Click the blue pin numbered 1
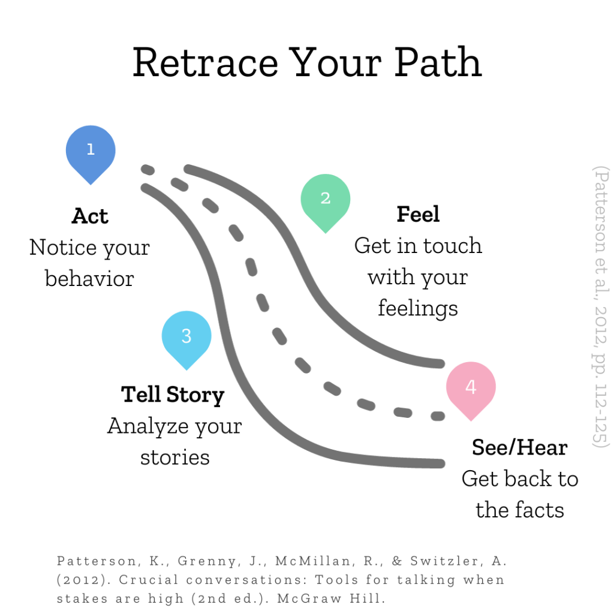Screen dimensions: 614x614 [x=91, y=151]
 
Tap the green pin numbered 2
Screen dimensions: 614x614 [x=325, y=200]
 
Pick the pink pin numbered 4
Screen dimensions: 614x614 [x=471, y=388]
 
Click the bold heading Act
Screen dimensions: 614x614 [x=90, y=216]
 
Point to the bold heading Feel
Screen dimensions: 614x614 [x=418, y=214]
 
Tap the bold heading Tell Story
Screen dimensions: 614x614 [x=173, y=395]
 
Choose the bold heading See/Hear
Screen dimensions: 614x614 [x=519, y=447]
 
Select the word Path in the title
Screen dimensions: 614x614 [x=438, y=62]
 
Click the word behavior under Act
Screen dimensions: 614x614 [x=89, y=279]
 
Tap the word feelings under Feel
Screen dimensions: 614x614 [x=418, y=309]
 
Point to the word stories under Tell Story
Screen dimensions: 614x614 [x=174, y=458]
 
